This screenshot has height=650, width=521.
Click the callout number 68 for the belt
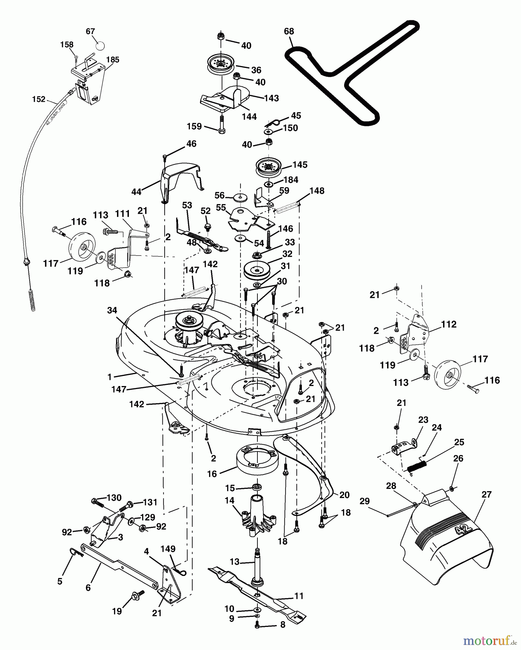click(x=289, y=31)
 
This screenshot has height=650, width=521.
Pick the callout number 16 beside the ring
click(x=212, y=473)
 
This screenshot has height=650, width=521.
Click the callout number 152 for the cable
click(x=39, y=99)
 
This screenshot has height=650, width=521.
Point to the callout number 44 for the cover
click(x=136, y=192)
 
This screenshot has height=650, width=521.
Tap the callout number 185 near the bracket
click(x=113, y=60)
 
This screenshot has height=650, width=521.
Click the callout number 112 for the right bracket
click(x=448, y=324)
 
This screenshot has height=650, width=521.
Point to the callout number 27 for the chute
click(x=486, y=494)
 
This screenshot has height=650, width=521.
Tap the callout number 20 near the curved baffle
click(x=344, y=495)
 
